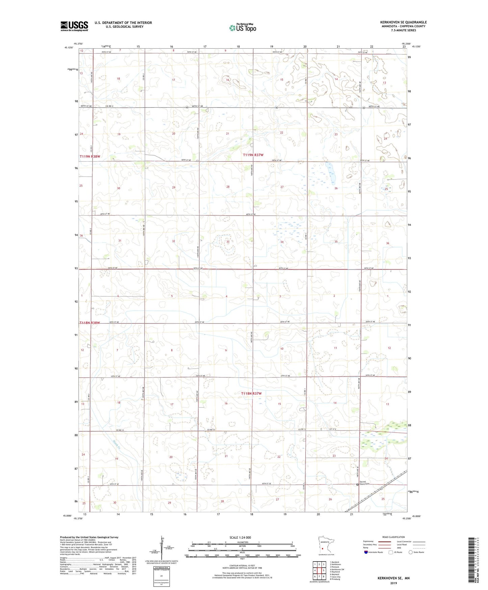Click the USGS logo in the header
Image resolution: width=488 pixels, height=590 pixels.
click(x=74, y=26)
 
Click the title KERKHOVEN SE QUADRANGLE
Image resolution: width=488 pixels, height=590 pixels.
click(x=403, y=22)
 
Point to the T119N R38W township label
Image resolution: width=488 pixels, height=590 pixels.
click(x=90, y=156)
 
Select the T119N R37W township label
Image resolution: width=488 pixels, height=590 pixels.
click(x=253, y=155)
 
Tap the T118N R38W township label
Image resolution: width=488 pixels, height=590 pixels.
click(x=90, y=323)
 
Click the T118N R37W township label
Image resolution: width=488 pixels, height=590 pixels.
click(x=252, y=393)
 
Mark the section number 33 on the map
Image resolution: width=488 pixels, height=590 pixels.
click(x=228, y=242)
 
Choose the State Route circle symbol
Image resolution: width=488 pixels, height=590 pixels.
click(x=410, y=552)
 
